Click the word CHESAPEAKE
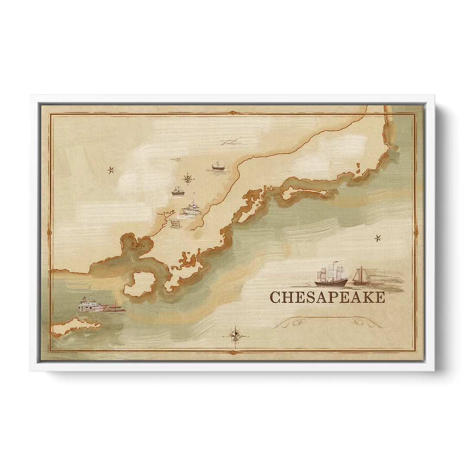tap(327, 297)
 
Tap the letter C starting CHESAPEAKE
tap(275, 297)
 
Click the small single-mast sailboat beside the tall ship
tap(360, 277)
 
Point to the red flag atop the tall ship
tap(335, 262)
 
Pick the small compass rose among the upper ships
tap(188, 178)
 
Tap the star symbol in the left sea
tap(111, 170)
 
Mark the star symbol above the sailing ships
tap(377, 238)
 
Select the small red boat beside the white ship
tap(116, 308)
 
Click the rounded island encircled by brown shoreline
tap(139, 284)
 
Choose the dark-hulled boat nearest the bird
tap(218, 166)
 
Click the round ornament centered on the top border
tap(233, 113)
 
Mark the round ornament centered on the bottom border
tap(233, 352)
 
